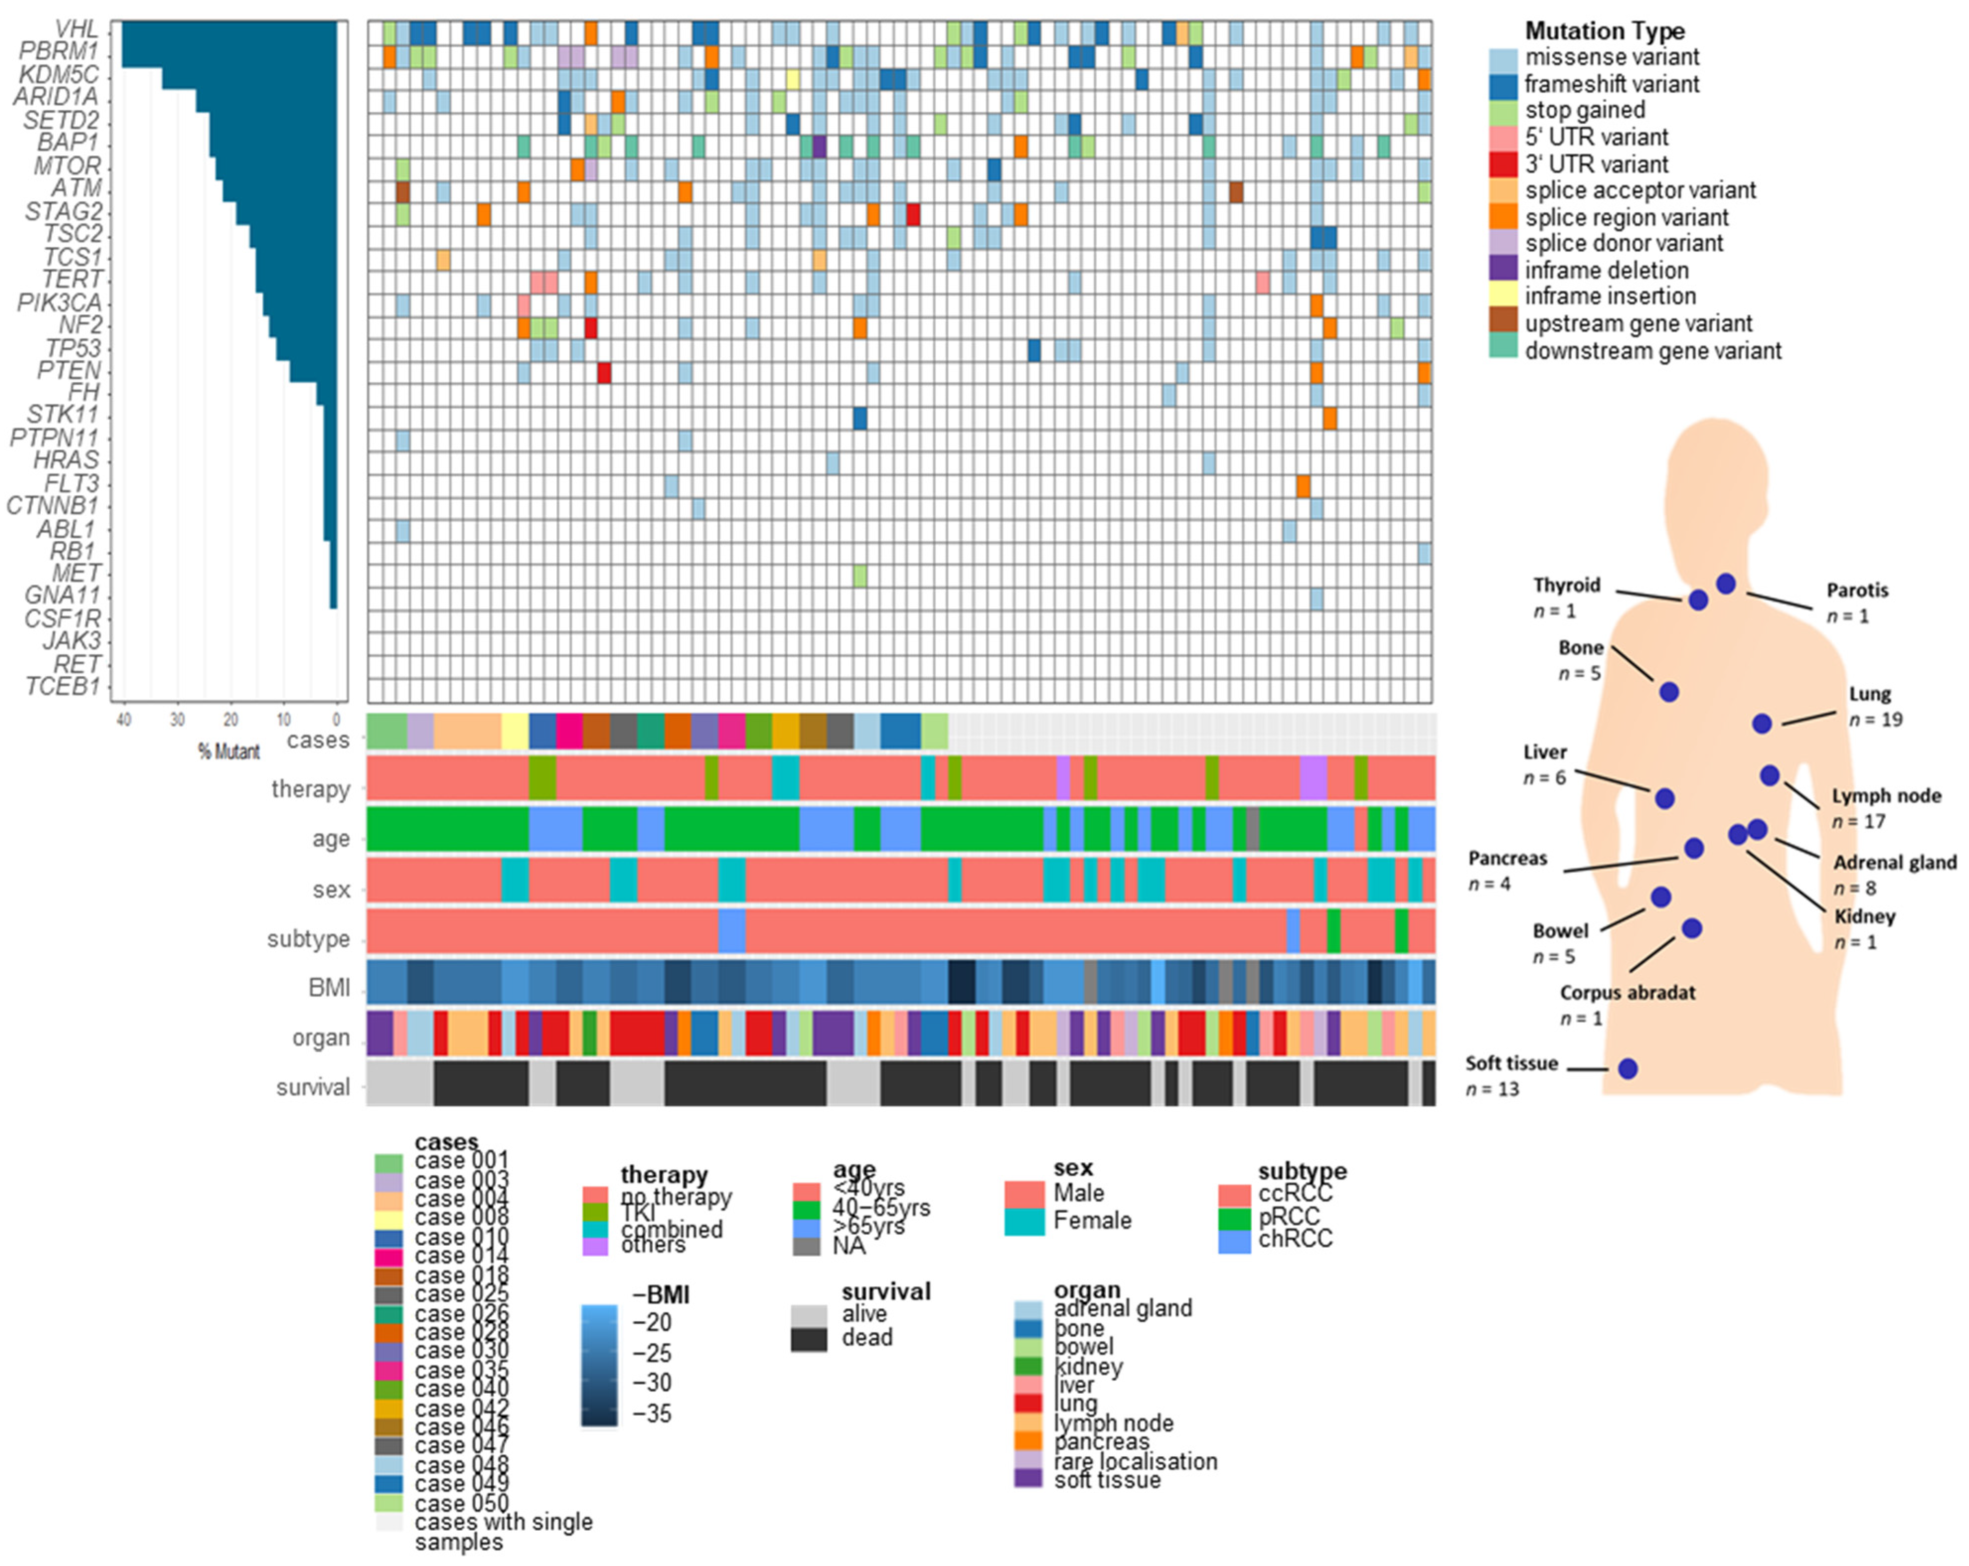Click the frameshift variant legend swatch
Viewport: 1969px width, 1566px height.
tap(1503, 85)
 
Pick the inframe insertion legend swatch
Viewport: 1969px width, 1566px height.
tap(1503, 296)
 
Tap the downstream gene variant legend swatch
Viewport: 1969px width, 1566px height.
tap(1503, 349)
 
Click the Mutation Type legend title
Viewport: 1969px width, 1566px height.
tap(1604, 31)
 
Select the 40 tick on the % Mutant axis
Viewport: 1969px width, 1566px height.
tap(123, 720)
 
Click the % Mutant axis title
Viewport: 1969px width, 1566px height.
tap(228, 752)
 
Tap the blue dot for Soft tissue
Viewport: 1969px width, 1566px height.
tap(1627, 1068)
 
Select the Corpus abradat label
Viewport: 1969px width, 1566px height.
tap(1627, 993)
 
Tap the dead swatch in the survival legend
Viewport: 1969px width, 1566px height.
tap(808, 1339)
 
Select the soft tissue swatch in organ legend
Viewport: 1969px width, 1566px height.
tap(1028, 1479)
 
